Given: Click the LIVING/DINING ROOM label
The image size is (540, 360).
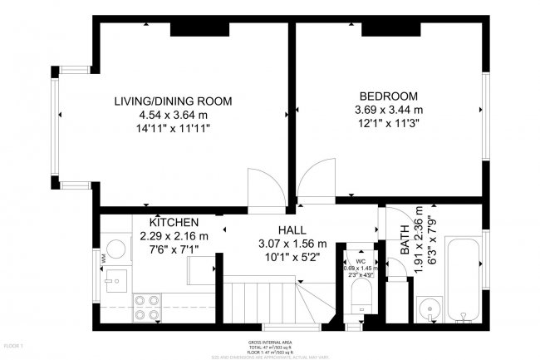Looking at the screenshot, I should [173, 101].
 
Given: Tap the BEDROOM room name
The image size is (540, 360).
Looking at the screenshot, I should [389, 96].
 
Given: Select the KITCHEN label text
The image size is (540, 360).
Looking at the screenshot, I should [174, 223].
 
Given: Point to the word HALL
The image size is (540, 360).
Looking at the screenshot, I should [291, 229].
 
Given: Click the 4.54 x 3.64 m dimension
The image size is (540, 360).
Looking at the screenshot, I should [173, 115].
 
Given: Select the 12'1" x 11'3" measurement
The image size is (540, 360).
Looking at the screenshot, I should [389, 123].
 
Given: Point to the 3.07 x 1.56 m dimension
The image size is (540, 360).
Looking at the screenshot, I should [291, 244].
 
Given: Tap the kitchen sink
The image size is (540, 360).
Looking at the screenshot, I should [116, 281].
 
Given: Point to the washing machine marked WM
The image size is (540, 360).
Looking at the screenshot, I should [116, 251].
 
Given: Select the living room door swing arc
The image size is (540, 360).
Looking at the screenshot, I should [262, 185].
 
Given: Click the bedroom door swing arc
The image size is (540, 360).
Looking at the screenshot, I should [316, 179].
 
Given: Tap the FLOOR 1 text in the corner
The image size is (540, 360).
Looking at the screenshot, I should [15, 344].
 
